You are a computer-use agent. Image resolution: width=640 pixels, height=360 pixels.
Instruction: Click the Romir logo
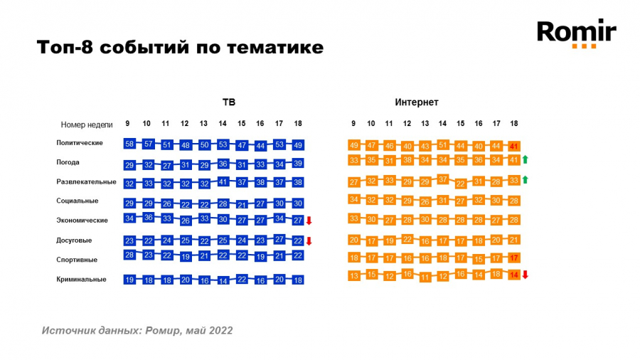coord(576,33)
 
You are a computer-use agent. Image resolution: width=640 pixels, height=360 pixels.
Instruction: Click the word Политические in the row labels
coord(80,143)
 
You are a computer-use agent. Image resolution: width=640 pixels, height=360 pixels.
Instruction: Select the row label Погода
coord(68,162)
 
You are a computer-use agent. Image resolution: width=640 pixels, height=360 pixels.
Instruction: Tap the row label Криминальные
coord(81,280)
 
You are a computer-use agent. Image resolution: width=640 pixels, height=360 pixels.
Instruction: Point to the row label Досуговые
coord(74,240)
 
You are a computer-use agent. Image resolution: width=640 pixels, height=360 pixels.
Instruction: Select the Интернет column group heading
coord(417,102)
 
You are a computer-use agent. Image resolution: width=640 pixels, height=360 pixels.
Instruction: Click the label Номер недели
coord(87,124)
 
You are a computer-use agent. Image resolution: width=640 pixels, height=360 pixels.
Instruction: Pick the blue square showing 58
coord(129,144)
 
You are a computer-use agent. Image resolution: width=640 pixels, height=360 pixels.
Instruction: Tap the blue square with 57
coord(149,144)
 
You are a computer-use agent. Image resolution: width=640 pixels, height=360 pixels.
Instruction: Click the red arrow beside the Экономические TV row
coord(309,221)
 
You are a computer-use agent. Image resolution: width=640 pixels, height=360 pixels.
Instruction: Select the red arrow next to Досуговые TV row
coord(309,240)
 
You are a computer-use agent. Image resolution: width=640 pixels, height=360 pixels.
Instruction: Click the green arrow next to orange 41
coord(525,160)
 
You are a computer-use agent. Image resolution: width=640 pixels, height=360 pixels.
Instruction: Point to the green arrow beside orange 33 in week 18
coord(525,180)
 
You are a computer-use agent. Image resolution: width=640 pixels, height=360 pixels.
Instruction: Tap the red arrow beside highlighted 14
coord(525,275)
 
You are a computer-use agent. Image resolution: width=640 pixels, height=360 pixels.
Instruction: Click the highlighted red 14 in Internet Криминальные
coord(514,275)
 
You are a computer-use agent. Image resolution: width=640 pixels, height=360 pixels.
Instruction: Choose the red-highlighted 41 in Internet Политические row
coord(514,146)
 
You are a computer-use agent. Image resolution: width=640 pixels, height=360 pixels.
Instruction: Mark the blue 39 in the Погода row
coord(298,164)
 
